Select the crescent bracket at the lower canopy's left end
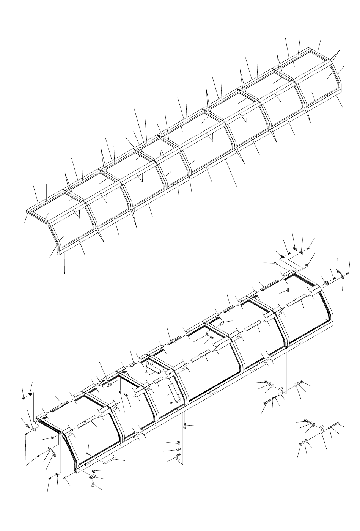point(53,452)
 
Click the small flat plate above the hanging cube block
point(178,450)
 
